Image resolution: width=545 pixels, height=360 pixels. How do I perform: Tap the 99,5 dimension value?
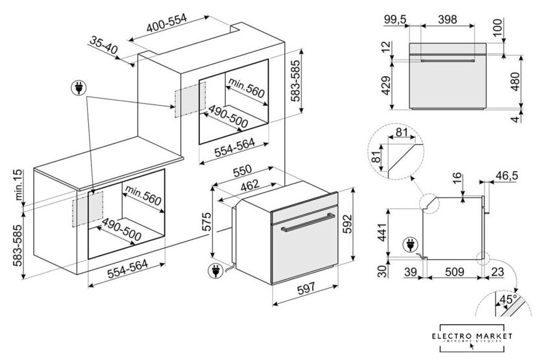click(394, 20)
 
